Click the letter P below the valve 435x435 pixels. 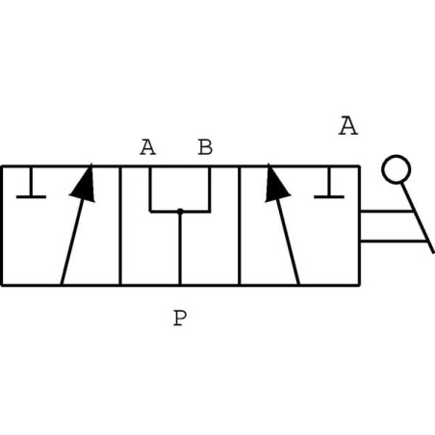coord(180,318)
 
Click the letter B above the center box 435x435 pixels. coord(205,147)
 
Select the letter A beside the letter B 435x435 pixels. coord(147,147)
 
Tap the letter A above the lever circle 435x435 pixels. coord(348,126)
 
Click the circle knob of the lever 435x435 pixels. coord(397,169)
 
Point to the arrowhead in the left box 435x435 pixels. coord(84,183)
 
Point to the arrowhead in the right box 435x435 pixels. coord(276,183)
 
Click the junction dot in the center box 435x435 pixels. coord(180,211)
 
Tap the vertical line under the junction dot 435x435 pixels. coord(180,248)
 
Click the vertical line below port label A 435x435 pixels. coord(150,190)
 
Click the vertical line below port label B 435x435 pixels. coord(210,190)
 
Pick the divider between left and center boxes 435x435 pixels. coord(120,225)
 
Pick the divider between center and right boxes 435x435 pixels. coord(240,225)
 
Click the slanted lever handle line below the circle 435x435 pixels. coord(419,218)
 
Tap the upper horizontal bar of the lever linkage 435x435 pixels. coord(386,211)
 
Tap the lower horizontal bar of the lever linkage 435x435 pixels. coord(394,241)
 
